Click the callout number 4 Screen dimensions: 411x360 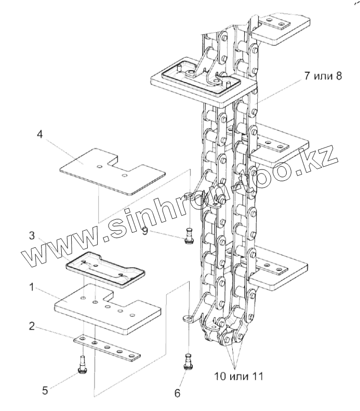40,135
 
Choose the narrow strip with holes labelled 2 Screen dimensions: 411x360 108,347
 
